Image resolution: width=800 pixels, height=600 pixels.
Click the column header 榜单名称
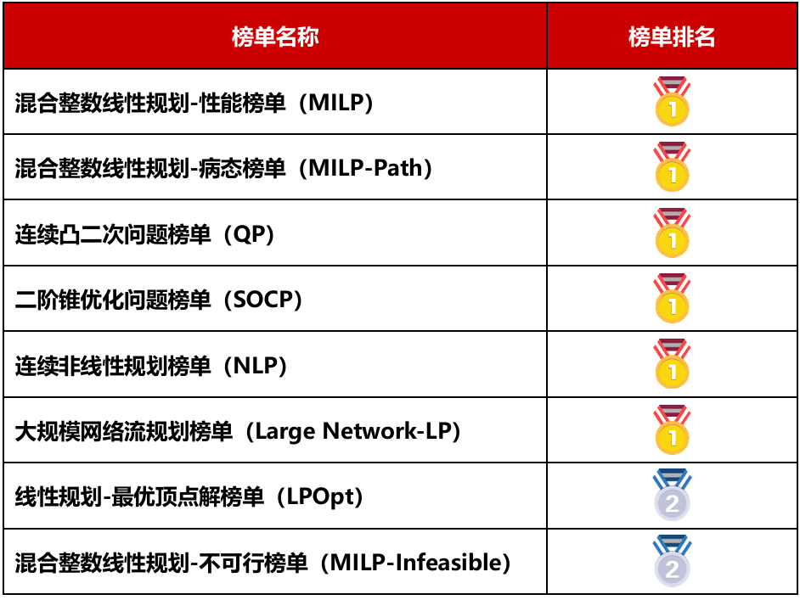pos(275,36)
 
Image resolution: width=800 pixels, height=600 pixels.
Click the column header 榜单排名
pos(672,36)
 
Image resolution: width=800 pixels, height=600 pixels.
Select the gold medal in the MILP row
pos(672,101)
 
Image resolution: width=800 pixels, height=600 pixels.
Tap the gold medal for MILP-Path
pos(672,166)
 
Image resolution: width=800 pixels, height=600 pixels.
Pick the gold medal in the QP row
pos(672,233)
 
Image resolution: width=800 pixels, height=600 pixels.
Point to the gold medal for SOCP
pos(672,298)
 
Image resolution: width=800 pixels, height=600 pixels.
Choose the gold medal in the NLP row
pos(672,364)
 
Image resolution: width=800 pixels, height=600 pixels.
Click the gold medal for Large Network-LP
pos(672,429)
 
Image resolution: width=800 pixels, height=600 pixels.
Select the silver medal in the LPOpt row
pos(672,495)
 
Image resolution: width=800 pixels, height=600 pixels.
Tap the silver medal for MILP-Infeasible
pos(672,561)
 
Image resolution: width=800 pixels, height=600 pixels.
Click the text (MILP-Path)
pos(365,168)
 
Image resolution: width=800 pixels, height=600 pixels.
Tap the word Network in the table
pos(369,431)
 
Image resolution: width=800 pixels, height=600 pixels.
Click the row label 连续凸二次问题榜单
pos(113,234)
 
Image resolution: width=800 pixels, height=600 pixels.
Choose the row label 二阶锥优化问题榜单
pos(113,300)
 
